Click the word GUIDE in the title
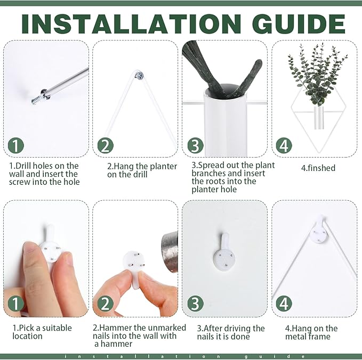(299, 24)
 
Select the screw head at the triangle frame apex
(140, 75)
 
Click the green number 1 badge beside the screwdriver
(15, 146)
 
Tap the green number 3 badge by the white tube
(195, 146)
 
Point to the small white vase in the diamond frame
(318, 117)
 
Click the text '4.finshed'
(318, 168)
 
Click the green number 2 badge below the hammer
(105, 304)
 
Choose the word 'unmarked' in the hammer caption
(164, 328)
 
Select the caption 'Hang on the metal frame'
(311, 332)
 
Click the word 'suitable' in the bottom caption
(57, 328)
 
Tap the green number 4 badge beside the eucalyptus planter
(284, 146)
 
